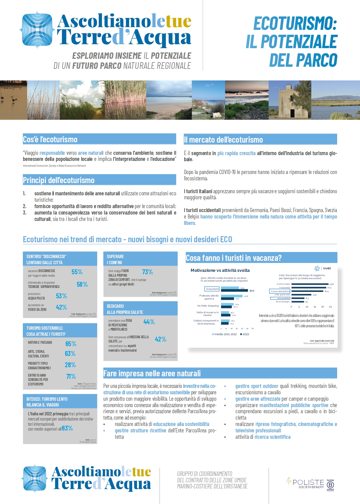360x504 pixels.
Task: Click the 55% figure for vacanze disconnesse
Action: click(x=77, y=272)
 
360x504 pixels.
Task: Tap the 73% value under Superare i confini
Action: click(x=147, y=272)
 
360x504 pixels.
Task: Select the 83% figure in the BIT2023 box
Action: click(x=67, y=428)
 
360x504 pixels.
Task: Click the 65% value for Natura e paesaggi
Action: click(x=71, y=344)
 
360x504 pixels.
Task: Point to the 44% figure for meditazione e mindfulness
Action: click(x=149, y=322)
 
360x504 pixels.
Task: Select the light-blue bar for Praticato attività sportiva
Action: click(x=232, y=296)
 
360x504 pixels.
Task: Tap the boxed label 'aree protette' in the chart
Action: click(x=280, y=298)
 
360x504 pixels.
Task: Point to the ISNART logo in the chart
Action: click(x=323, y=268)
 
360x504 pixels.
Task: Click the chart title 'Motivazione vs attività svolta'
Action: click(x=220, y=270)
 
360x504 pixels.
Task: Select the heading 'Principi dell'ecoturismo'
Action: click(x=59, y=180)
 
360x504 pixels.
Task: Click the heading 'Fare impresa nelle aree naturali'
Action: click(x=152, y=374)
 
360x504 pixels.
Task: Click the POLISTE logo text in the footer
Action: click(x=308, y=482)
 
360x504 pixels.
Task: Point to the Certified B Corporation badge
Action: click(x=330, y=485)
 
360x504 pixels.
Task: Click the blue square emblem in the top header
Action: click(x=37, y=30)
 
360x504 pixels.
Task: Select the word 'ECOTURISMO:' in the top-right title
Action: click(x=295, y=24)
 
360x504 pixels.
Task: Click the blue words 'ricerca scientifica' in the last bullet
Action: click(x=272, y=437)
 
